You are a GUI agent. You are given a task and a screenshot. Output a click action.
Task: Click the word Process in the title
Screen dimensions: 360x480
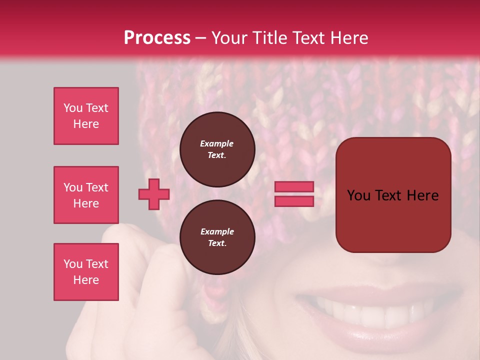[157, 38]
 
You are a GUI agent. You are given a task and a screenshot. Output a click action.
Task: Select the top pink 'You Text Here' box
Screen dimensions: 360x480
[86, 116]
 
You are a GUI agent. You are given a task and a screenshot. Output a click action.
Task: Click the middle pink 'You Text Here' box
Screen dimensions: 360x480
[86, 195]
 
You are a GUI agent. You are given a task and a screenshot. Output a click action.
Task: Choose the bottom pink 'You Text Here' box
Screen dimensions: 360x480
[86, 271]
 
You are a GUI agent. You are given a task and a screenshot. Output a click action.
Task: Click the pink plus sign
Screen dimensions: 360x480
[154, 194]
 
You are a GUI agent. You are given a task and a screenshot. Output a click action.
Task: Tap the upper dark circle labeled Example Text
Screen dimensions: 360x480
[217, 149]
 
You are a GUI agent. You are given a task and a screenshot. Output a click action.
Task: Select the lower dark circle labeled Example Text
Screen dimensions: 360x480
[217, 237]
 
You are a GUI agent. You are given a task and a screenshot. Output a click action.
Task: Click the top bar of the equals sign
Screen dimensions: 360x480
[294, 187]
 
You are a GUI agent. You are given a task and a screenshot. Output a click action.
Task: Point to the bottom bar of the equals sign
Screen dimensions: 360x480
[294, 201]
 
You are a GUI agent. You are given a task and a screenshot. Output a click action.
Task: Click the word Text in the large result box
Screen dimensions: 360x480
[392, 195]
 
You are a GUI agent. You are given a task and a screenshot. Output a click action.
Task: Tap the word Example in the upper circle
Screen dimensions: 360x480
[217, 143]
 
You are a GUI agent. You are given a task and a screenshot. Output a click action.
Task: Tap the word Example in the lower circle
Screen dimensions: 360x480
[217, 231]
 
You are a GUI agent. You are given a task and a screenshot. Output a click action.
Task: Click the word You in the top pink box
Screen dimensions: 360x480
[72, 108]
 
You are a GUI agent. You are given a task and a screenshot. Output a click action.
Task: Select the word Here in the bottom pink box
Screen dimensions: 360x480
[86, 280]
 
